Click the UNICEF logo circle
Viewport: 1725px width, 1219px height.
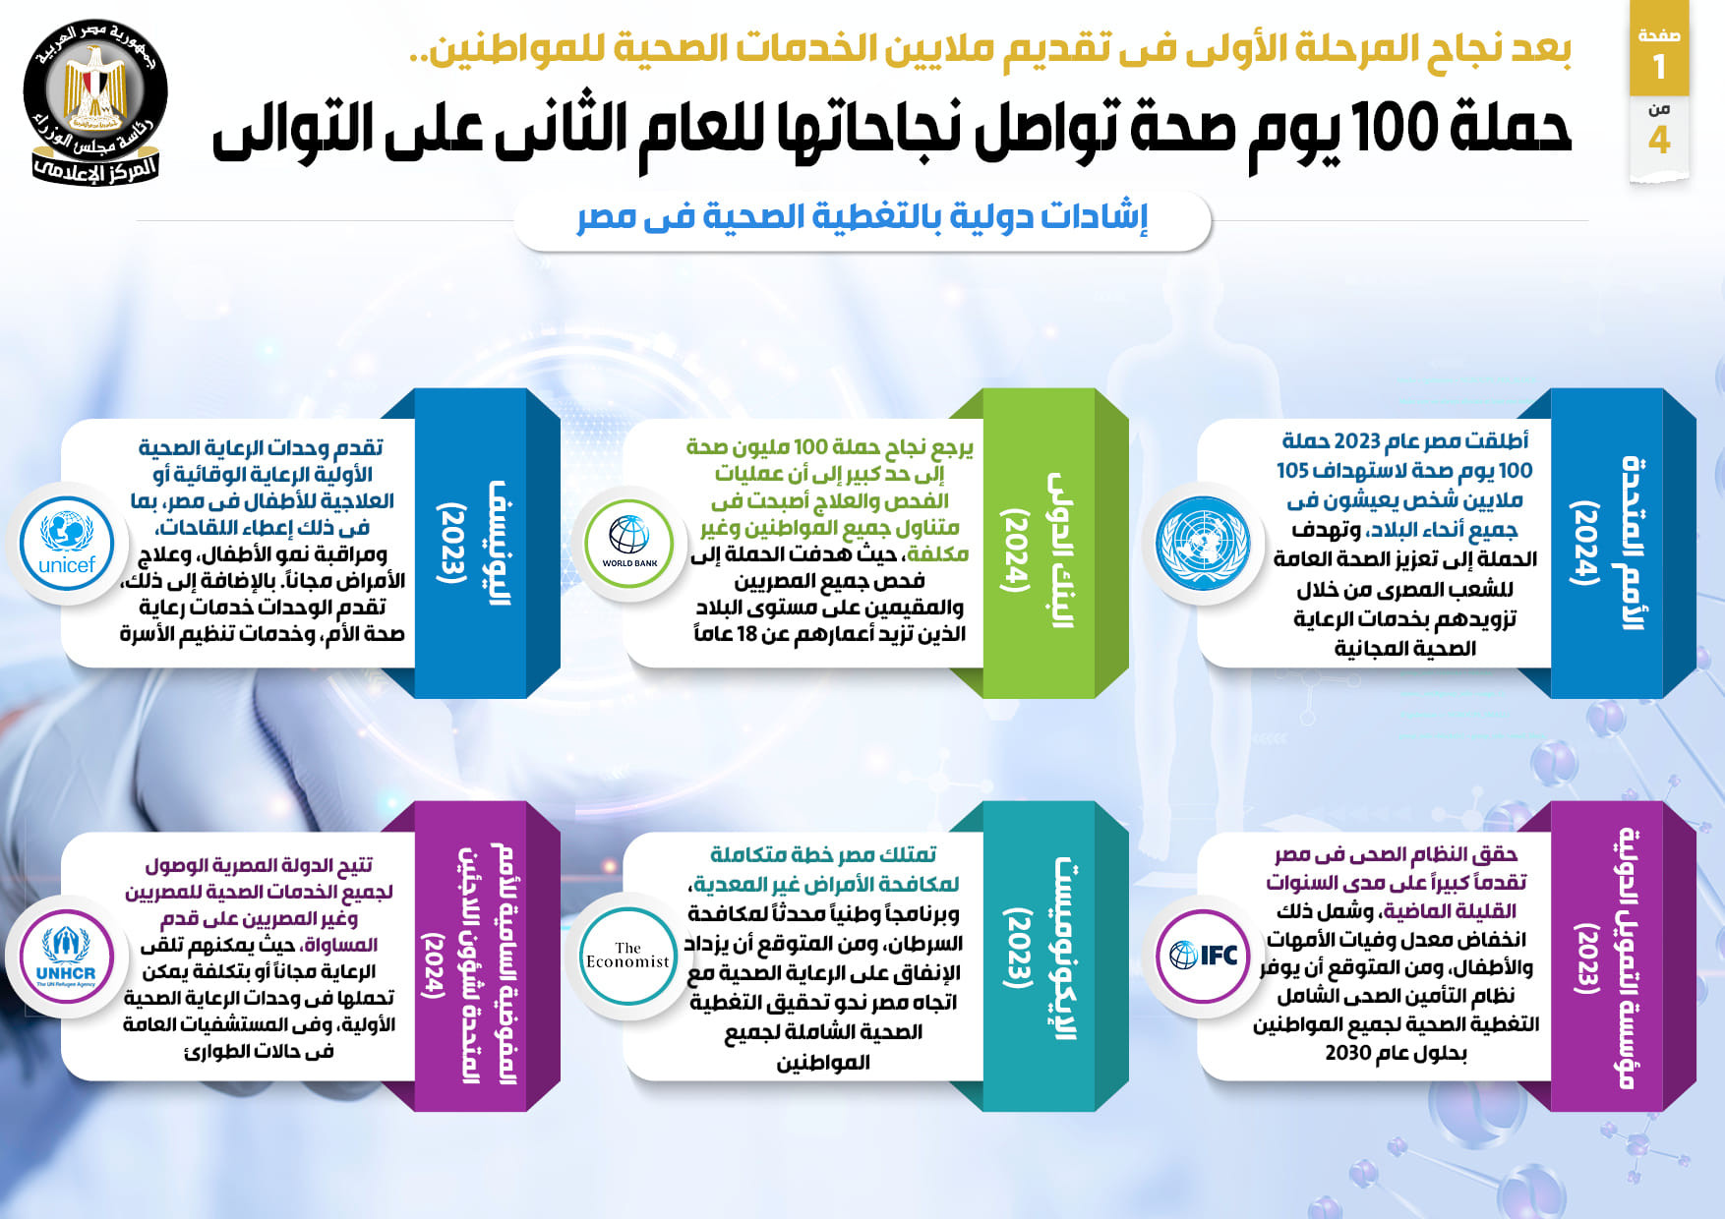click(x=67, y=543)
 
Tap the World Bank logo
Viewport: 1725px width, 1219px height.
click(x=629, y=542)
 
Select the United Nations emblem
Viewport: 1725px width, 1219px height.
click(x=1204, y=543)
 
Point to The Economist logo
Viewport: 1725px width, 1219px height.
click(x=627, y=956)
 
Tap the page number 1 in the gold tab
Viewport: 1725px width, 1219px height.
click(x=1659, y=67)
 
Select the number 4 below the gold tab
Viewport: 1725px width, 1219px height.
click(x=1659, y=141)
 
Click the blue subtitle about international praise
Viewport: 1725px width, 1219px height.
click(x=862, y=217)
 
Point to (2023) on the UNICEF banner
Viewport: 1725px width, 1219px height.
click(x=451, y=543)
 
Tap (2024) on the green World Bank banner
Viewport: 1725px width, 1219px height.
click(x=1015, y=551)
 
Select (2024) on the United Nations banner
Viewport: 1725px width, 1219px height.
click(x=1584, y=543)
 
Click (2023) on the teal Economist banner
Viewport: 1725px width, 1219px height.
click(x=1017, y=949)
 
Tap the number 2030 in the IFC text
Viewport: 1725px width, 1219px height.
click(x=1349, y=1054)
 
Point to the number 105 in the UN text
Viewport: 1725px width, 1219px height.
click(x=1293, y=471)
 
